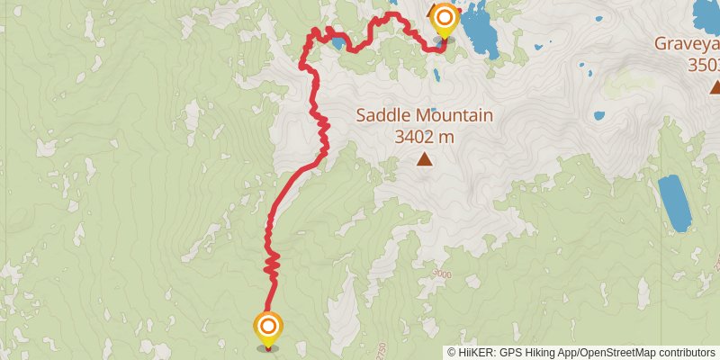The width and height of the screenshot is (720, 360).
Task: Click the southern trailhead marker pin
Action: [268, 326]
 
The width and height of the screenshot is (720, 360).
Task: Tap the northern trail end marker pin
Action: [444, 19]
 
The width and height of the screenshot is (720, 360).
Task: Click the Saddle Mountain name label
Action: [424, 115]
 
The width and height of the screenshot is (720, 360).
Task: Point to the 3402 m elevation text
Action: [423, 137]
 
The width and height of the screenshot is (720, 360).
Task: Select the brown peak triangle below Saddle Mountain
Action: [423, 160]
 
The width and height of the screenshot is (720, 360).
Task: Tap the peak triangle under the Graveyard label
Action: [715, 86]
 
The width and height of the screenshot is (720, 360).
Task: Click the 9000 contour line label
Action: [441, 274]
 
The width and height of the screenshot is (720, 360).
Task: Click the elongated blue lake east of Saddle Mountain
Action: [673, 202]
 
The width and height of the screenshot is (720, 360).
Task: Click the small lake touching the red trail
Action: [337, 41]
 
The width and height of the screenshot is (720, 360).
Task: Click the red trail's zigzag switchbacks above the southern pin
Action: [272, 263]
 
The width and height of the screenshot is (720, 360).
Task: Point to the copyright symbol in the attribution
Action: [452, 353]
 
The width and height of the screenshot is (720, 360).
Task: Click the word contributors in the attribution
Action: [687, 353]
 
